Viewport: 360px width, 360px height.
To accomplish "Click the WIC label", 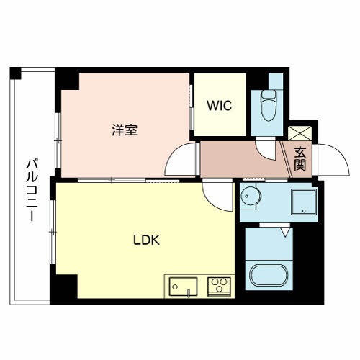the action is pos(220,106).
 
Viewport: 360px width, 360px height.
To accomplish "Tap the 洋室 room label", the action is pos(125,130).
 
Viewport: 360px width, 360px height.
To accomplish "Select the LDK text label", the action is pos(146,240).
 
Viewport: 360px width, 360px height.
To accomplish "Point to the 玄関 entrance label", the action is pos(300,158).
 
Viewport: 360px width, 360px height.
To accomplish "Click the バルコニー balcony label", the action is pos(32,189).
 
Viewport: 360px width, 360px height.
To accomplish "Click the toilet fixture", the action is pos(268,105).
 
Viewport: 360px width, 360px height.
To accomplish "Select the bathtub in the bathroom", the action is pos(269,276).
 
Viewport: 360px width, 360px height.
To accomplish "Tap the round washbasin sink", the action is pos(250,197).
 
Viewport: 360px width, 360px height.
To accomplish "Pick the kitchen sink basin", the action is pos(183,287).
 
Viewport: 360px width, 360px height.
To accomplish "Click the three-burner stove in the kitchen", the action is pos(219,287).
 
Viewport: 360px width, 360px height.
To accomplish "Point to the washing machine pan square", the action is pos(304,202).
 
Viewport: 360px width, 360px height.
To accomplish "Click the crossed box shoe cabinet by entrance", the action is pos(300,133).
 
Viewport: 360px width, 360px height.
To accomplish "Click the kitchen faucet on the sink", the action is pos(189,293).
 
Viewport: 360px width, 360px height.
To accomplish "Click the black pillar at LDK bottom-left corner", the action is pos(64,287).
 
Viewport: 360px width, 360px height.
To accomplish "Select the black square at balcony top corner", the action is pos(16,73).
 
